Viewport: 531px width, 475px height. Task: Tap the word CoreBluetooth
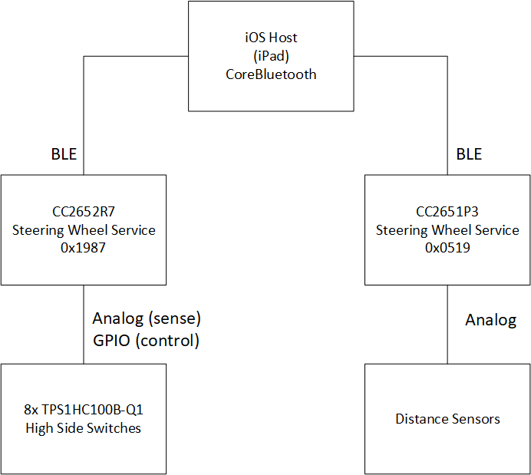point(271,74)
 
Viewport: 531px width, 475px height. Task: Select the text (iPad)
point(271,56)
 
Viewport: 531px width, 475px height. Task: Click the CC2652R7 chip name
point(84,212)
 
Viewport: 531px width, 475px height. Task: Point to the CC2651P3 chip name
point(447,212)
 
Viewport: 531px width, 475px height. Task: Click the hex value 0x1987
point(84,248)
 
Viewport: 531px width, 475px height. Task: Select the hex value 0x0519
point(447,248)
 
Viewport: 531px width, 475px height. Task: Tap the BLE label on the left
point(64,154)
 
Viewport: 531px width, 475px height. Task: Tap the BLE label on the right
point(469,154)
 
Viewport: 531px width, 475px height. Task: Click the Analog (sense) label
point(147,318)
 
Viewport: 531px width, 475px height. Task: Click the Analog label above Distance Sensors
point(491,320)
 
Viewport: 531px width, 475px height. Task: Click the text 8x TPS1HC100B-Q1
point(84,411)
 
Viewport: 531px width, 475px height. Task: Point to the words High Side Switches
point(84,429)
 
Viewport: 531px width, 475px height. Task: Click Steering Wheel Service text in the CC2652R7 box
point(84,230)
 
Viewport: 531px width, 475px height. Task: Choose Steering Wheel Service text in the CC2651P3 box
point(447,230)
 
